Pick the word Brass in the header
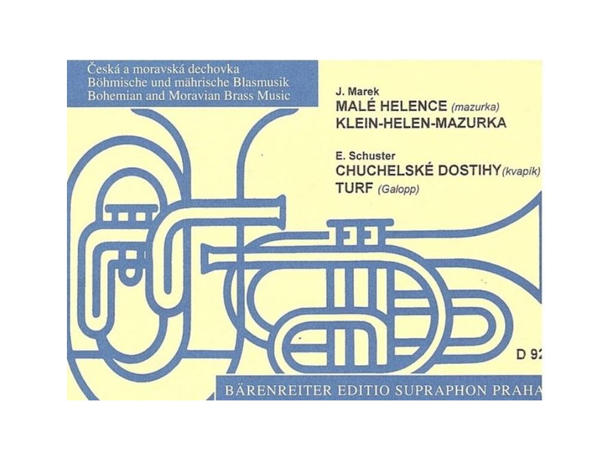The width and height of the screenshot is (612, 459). (x=233, y=95)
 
